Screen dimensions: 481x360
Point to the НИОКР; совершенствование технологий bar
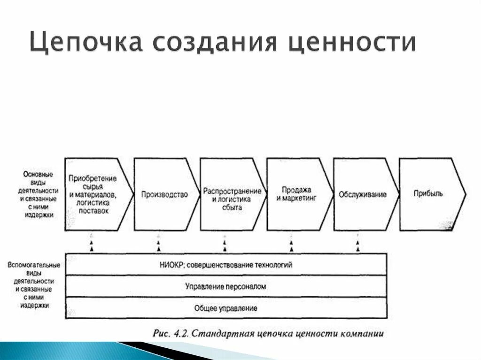226,265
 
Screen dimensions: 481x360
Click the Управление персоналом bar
226,286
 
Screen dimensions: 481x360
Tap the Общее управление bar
226,308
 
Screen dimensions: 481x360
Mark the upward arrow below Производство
158,245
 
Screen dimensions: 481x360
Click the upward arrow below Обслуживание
358,245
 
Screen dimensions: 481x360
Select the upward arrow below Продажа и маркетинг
291,245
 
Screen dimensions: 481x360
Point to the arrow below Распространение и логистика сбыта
225,245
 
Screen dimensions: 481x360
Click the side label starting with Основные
38,194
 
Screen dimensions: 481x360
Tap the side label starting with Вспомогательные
33,285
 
